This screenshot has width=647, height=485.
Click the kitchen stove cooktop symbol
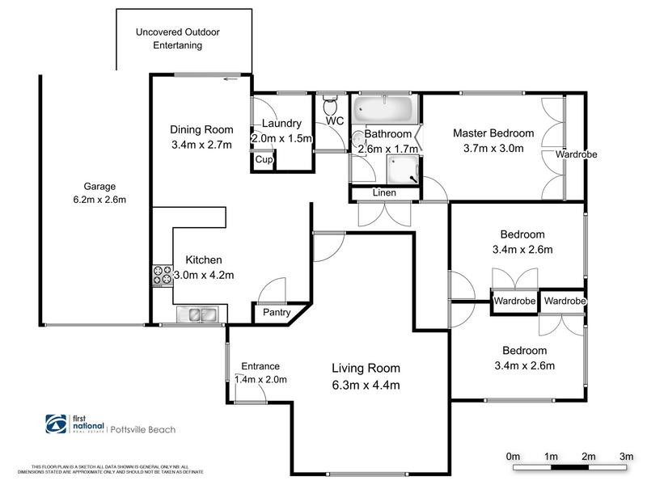[162, 276]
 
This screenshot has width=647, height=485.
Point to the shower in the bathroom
[402, 171]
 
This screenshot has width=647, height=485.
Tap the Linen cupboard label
[384, 193]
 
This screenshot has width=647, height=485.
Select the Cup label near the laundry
[264, 160]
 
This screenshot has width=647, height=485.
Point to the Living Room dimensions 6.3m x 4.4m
[366, 385]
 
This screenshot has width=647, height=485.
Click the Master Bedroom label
[493, 133]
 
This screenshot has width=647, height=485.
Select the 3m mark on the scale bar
[625, 458]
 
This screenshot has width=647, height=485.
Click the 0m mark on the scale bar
[512, 458]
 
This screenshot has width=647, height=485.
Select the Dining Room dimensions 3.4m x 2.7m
[201, 145]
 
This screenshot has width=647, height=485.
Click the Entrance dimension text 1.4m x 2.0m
[260, 379]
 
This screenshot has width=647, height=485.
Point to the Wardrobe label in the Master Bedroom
[576, 154]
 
